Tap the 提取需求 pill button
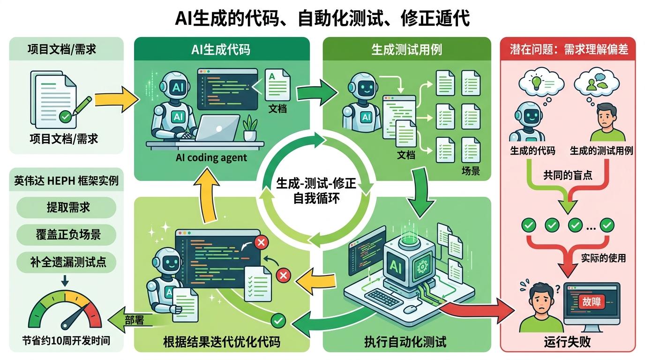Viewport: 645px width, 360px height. click(x=66, y=207)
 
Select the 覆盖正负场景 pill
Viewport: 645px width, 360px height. click(x=66, y=233)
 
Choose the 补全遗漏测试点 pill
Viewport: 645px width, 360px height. click(x=66, y=261)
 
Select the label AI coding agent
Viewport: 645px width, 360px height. click(x=211, y=157)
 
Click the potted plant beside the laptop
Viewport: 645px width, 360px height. click(x=250, y=127)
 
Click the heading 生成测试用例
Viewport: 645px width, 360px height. click(x=406, y=50)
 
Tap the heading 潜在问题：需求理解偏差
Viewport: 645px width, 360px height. click(x=569, y=49)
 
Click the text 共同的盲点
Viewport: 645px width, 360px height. click(x=568, y=175)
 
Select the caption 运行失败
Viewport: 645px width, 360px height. click(x=569, y=342)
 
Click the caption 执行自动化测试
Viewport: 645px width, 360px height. click(x=405, y=342)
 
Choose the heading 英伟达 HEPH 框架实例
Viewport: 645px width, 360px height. click(x=66, y=181)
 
